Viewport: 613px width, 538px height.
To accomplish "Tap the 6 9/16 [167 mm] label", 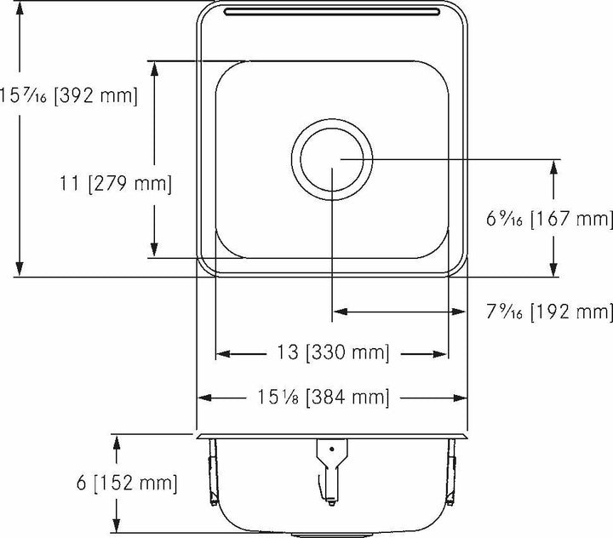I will [x=549, y=220].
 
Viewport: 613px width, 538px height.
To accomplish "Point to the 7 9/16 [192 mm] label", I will [x=549, y=312].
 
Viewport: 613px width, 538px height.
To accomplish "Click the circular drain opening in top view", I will [x=332, y=159].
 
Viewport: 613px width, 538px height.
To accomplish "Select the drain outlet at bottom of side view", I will [x=332, y=533].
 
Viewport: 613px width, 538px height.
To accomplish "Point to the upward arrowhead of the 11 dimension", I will [x=153, y=69].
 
